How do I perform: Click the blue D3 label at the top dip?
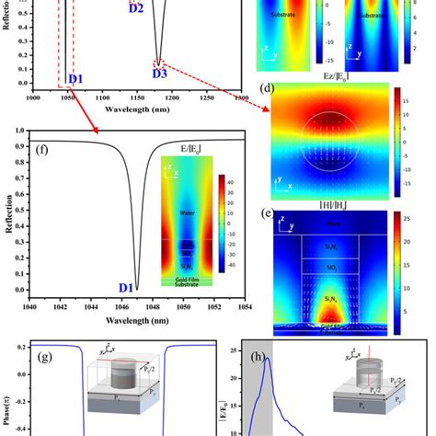pos(159,72)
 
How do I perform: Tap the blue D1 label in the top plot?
pos(75,79)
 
